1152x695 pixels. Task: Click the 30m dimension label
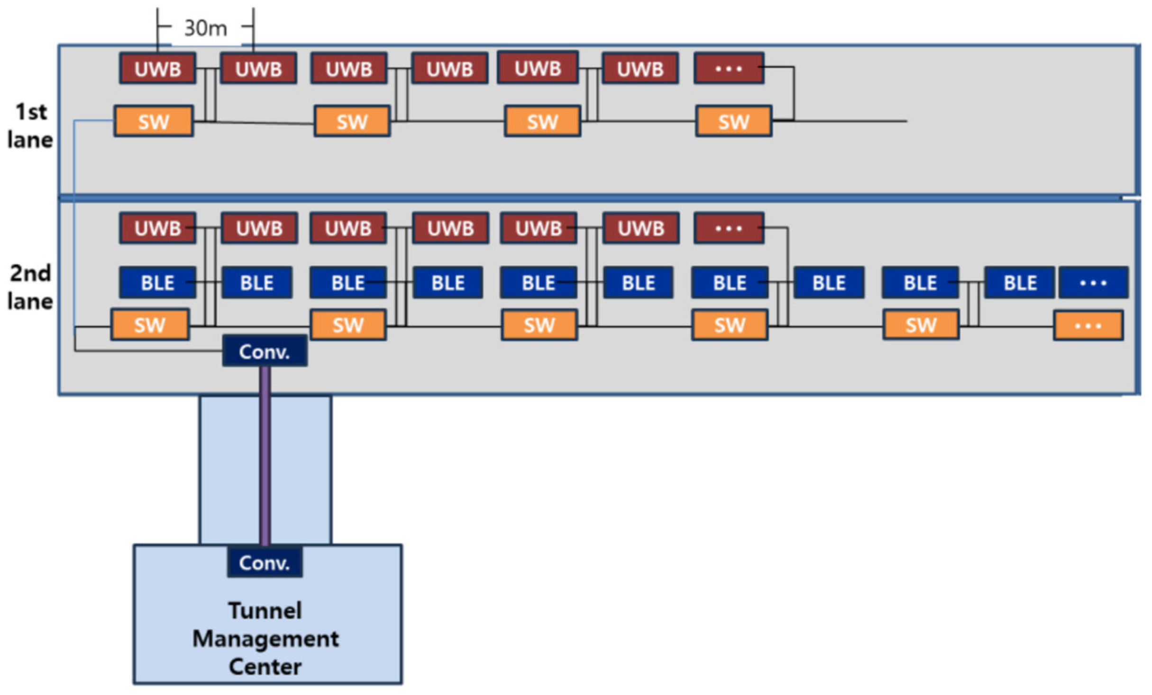[206, 28]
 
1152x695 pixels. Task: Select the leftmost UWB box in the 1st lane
[157, 69]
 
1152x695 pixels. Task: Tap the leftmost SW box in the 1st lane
[154, 121]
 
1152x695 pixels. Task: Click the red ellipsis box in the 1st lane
[729, 69]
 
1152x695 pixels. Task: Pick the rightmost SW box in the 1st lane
[733, 121]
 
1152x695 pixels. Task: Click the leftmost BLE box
[157, 283]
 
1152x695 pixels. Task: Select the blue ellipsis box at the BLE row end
[1093, 283]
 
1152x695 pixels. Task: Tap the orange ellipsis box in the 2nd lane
[1088, 326]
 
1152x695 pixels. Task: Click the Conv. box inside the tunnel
[265, 351]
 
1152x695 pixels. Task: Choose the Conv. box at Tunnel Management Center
[265, 562]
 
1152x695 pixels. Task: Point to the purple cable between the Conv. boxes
[265, 455]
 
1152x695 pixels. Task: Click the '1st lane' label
[30, 126]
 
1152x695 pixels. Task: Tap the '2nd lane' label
[30, 287]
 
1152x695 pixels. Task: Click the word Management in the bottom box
[265, 639]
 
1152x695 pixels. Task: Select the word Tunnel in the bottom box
[265, 610]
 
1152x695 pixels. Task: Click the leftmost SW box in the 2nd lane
[150, 325]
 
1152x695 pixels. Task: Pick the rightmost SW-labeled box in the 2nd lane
[921, 325]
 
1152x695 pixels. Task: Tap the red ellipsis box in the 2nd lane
[729, 229]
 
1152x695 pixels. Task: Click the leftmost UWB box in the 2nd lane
[157, 229]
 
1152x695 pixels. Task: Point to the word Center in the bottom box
[265, 667]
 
